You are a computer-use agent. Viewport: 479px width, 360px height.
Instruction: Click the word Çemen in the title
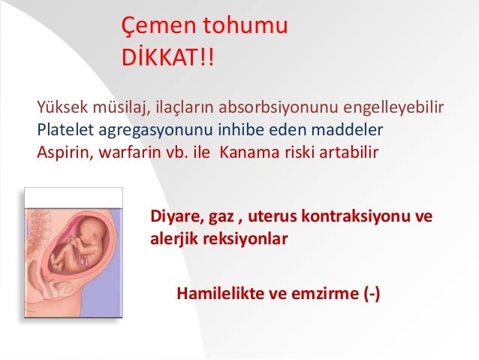click(158, 26)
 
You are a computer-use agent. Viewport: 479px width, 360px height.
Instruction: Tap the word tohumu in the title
click(246, 25)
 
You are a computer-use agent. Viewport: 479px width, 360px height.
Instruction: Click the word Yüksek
click(62, 107)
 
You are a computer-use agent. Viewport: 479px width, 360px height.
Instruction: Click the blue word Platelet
click(65, 129)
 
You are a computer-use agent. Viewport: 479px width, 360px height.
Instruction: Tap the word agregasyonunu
click(155, 131)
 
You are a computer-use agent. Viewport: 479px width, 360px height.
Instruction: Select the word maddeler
click(347, 129)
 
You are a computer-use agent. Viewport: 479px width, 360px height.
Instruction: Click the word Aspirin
click(65, 153)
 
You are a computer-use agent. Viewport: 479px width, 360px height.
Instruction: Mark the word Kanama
click(249, 152)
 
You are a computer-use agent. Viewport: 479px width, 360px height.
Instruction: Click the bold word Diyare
click(177, 216)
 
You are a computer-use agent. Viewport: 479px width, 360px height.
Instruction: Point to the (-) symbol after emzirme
click(372, 294)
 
